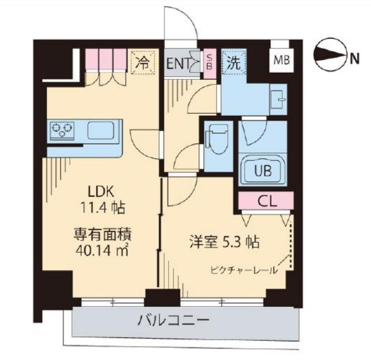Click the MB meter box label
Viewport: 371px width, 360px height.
pos(281,60)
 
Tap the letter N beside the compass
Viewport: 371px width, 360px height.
pos(354,58)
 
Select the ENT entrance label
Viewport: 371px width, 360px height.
pos(178,64)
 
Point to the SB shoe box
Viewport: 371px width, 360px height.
pos(209,63)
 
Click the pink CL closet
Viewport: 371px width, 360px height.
pos(266,201)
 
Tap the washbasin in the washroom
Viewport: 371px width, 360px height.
pos(279,99)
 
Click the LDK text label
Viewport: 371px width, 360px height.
pos(101,192)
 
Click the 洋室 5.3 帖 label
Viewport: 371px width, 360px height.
pos(224,242)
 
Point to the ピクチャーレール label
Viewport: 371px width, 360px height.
pos(243,270)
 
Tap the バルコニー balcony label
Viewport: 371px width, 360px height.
pos(174,321)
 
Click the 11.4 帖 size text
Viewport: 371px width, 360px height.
pos(103,208)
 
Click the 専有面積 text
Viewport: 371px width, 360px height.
pos(103,234)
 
